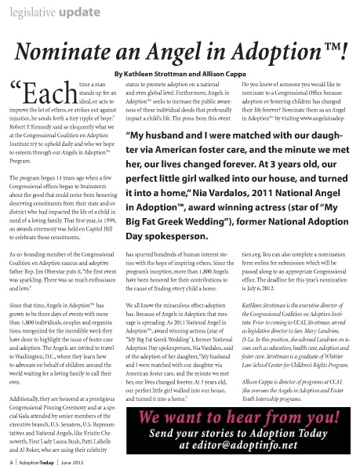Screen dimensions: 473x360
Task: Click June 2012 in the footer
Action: [89, 464]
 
